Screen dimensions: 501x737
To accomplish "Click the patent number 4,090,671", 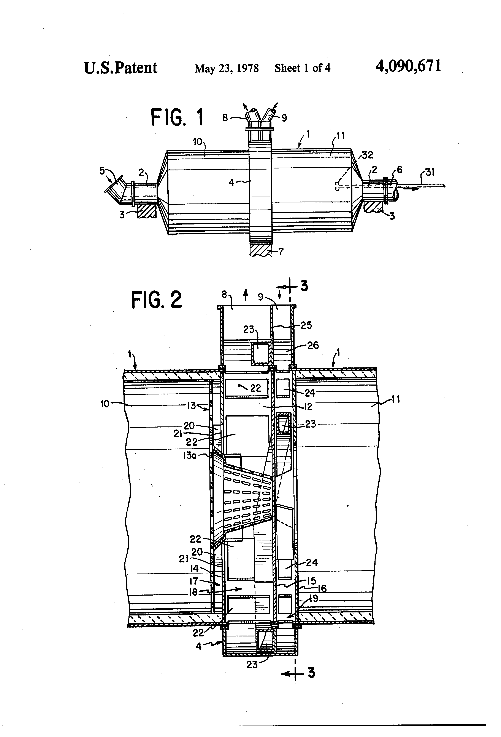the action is pos(408,67).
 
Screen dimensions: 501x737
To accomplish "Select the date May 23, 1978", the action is pos(227,68).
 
